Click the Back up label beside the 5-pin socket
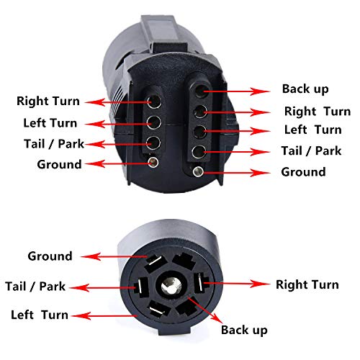click(x=305, y=89)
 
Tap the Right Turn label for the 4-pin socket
click(x=48, y=102)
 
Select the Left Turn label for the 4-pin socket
click(x=50, y=122)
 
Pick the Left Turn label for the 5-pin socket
click(x=312, y=130)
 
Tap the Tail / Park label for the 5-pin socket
click(x=310, y=151)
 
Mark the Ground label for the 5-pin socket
click(x=303, y=172)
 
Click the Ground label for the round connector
click(x=50, y=256)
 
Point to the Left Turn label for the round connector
click(x=40, y=315)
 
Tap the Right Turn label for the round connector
click(x=307, y=284)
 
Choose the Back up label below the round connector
click(x=245, y=330)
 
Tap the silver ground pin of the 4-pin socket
click(x=153, y=162)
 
